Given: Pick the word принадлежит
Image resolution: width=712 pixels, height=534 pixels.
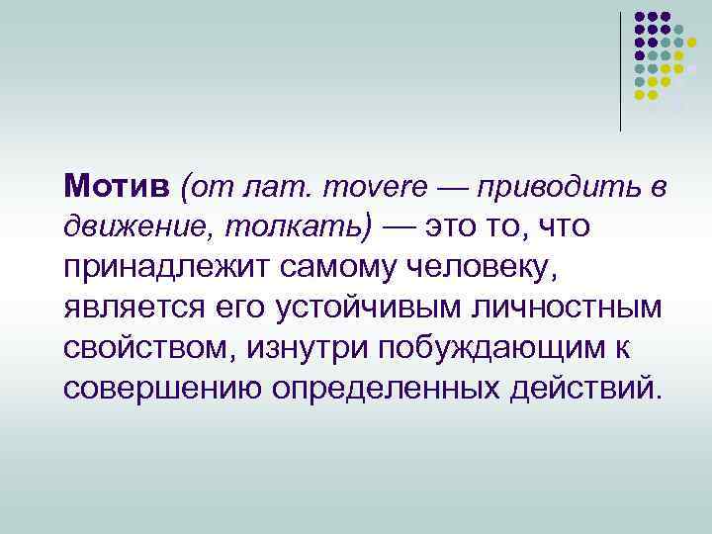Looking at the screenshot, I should (162, 266).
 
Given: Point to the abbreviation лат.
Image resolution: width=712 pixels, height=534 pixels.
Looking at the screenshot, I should (266, 185).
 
